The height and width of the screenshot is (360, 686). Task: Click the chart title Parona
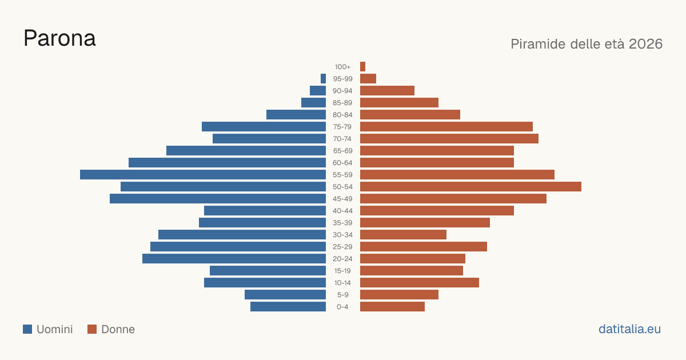(x=59, y=38)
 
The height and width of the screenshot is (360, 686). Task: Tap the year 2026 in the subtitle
(x=645, y=44)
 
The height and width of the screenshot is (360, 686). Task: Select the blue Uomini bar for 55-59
(x=203, y=174)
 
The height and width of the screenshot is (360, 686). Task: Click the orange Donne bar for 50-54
(x=470, y=187)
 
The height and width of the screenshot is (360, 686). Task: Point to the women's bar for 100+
(x=362, y=66)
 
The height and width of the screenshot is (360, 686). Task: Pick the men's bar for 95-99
(x=323, y=79)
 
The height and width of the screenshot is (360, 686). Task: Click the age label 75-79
(x=342, y=127)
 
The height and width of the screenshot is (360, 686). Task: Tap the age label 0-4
(x=342, y=307)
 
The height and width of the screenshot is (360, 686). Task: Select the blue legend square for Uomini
(x=27, y=329)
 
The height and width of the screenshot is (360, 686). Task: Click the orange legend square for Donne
(x=92, y=329)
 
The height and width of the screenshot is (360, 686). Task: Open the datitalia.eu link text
(x=629, y=329)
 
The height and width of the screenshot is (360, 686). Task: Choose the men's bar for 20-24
(x=234, y=259)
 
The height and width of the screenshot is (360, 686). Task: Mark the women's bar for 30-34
(x=404, y=235)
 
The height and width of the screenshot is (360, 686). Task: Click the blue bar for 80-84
(x=296, y=114)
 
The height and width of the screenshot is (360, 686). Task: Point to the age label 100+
(x=342, y=67)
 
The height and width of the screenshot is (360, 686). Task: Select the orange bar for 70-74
(x=449, y=139)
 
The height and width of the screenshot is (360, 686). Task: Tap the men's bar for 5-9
(x=285, y=295)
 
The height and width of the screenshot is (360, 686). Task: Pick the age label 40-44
(x=342, y=211)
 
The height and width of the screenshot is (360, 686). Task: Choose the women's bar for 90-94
(x=387, y=91)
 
